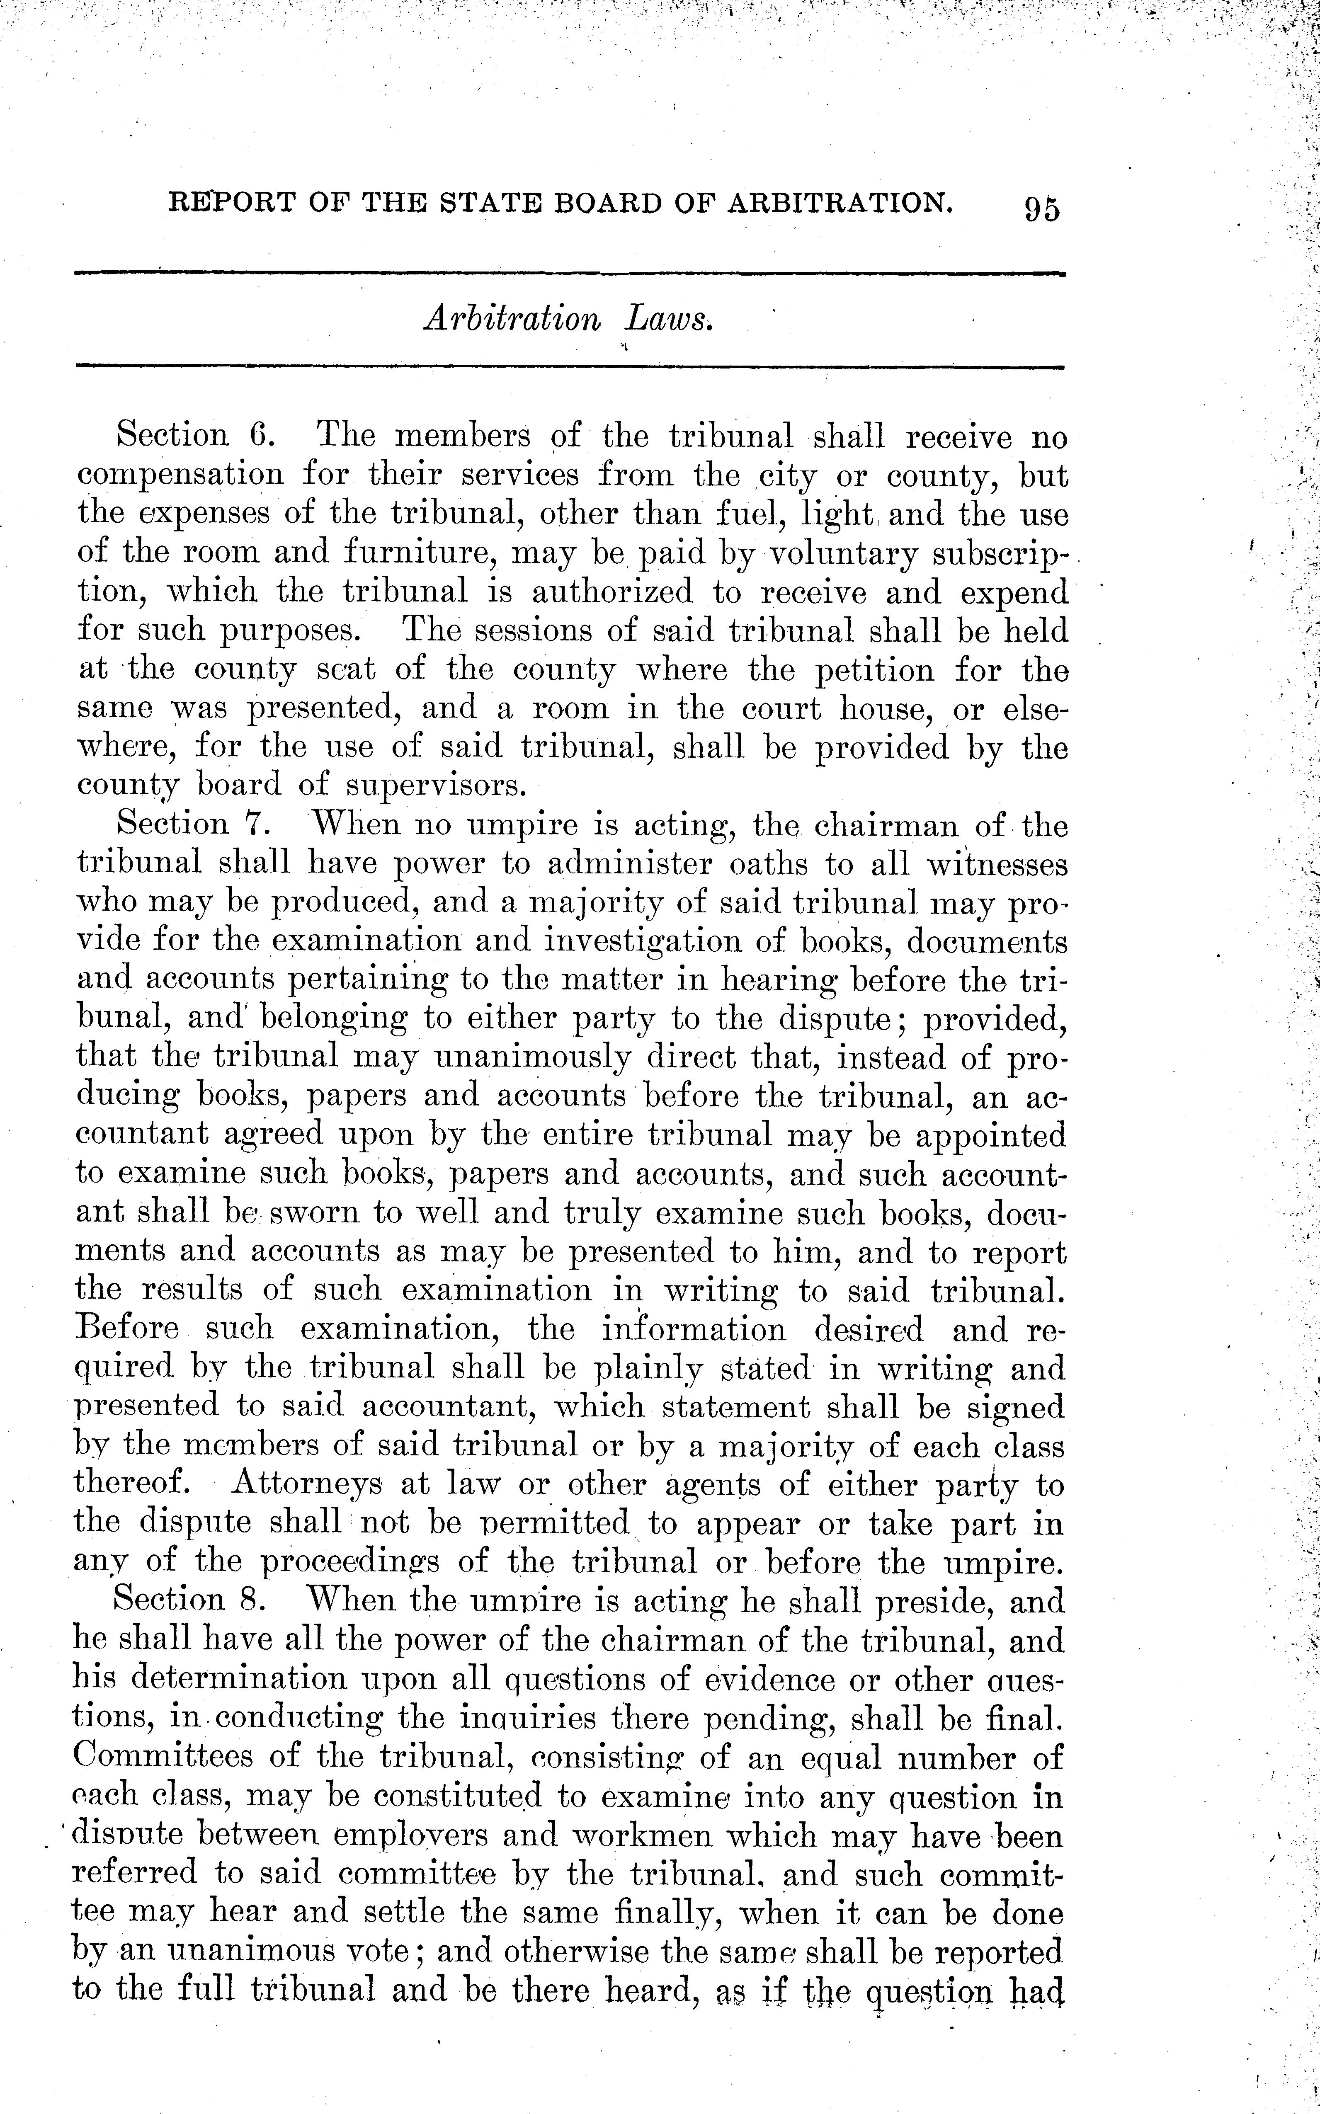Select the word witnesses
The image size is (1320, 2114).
[x=996, y=864]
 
